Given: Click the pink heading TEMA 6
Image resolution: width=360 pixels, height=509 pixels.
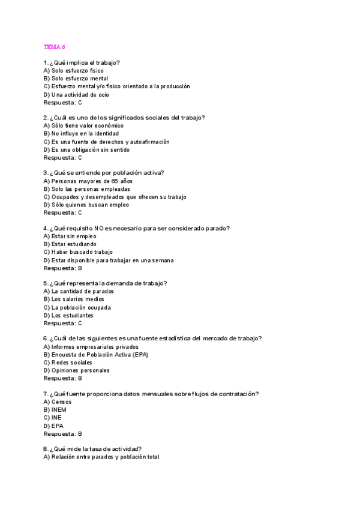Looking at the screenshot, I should click(55, 47).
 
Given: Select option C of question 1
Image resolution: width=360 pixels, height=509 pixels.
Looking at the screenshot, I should click(116, 86).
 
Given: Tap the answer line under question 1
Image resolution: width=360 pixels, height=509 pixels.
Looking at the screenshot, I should click(62, 103).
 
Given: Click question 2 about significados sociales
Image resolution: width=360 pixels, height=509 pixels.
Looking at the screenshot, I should click(124, 118).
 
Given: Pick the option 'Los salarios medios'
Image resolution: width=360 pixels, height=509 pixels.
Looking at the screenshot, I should click(74, 299).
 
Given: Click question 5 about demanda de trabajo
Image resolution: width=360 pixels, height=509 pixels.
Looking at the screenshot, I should click(105, 283).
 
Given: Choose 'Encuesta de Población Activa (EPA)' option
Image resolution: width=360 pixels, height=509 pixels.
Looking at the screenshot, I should click(95, 354).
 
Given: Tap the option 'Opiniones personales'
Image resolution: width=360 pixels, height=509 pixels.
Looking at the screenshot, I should click(76, 370).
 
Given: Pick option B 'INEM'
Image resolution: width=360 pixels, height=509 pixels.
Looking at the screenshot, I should click(55, 409).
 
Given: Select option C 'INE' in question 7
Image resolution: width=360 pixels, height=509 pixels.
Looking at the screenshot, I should click(53, 417).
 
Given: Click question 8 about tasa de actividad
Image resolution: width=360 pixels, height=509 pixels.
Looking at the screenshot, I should click(92, 448).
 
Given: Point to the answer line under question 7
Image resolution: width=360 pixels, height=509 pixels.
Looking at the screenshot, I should click(62, 433).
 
